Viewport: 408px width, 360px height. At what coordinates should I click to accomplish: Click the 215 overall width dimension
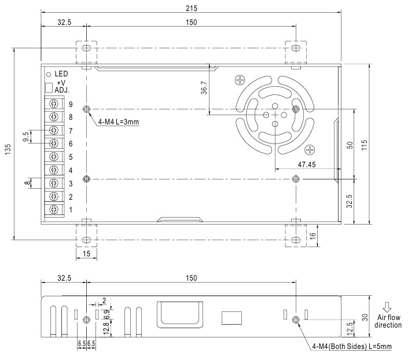tap(191, 8)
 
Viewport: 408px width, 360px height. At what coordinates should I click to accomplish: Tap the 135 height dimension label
tap(8, 149)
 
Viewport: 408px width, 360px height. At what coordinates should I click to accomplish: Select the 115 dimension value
tap(364, 145)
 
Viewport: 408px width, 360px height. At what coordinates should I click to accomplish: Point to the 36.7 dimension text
tap(204, 88)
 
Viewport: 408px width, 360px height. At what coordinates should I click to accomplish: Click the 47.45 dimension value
tap(307, 164)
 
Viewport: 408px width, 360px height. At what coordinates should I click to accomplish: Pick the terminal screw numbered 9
tap(54, 104)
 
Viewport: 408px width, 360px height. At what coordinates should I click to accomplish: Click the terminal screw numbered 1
tap(54, 210)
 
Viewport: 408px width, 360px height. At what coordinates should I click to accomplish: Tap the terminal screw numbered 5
tap(54, 157)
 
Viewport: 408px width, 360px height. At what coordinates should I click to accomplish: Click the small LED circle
tap(49, 75)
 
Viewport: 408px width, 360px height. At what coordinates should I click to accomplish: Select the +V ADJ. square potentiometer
tap(49, 88)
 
